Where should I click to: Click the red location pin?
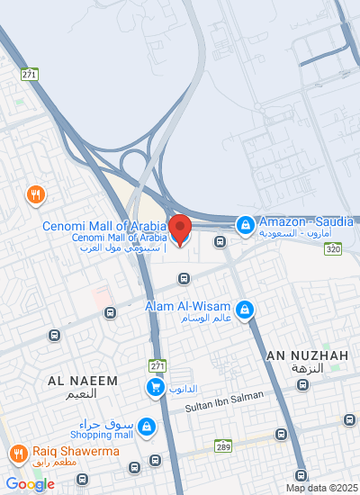point(181,229)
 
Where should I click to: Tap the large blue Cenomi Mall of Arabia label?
point(103,226)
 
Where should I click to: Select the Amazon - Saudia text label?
point(308,221)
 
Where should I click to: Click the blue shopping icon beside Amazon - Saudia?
point(245,223)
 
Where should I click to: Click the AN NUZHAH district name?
point(307,356)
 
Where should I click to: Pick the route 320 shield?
point(333,248)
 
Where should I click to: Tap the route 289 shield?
point(224,445)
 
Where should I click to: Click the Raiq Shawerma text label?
point(65,452)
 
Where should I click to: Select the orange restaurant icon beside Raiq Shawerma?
point(16,454)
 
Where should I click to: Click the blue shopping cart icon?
point(156,388)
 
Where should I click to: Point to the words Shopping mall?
point(106,435)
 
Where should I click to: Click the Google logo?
point(30,483)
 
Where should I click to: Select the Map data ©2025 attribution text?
point(321,488)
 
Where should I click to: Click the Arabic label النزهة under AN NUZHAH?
point(307,369)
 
